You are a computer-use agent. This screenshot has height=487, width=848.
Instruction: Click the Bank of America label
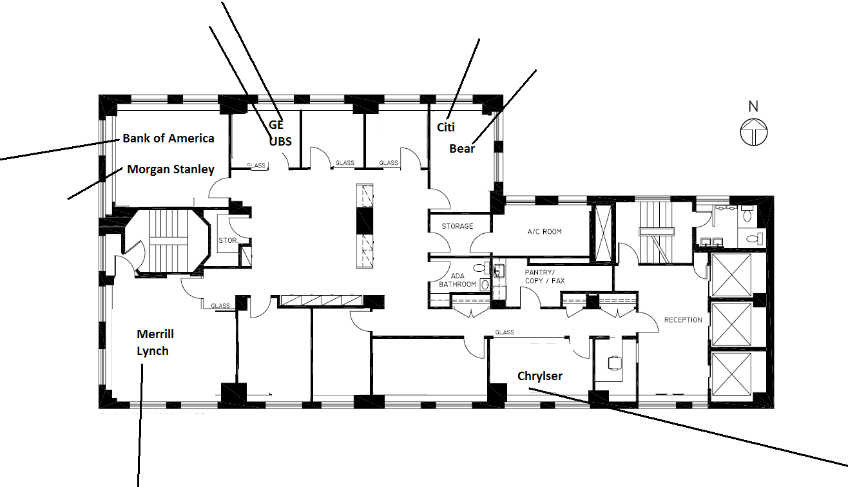click(x=168, y=138)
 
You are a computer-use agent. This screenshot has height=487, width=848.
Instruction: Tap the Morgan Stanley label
click(x=171, y=169)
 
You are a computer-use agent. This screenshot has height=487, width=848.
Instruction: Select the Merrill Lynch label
click(x=155, y=343)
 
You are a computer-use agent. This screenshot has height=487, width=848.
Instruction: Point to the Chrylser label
click(x=540, y=376)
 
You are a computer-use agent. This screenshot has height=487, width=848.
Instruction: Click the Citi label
click(x=445, y=127)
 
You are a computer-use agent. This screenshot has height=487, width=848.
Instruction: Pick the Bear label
click(x=462, y=149)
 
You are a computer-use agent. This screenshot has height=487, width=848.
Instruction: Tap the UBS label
click(x=280, y=142)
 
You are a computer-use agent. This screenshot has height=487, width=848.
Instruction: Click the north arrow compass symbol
click(x=754, y=131)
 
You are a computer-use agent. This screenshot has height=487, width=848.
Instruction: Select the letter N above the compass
click(x=753, y=106)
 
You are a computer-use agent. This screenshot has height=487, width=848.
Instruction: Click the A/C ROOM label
click(x=544, y=231)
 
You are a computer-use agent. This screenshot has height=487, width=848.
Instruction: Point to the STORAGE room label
click(x=458, y=226)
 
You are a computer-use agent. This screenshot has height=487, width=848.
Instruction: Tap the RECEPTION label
click(x=683, y=320)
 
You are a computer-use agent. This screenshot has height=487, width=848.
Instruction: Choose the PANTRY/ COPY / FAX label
click(x=544, y=276)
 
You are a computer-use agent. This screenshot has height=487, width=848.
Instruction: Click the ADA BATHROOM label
click(x=458, y=280)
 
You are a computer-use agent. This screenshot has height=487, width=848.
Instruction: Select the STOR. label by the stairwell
click(x=228, y=240)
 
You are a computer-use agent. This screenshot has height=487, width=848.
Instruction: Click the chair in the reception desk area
click(x=615, y=363)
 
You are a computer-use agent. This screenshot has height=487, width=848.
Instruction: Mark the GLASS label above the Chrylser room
click(x=505, y=332)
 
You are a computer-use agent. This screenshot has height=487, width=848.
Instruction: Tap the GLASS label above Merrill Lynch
click(x=220, y=306)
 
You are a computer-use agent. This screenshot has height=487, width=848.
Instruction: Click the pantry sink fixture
click(x=499, y=271)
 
